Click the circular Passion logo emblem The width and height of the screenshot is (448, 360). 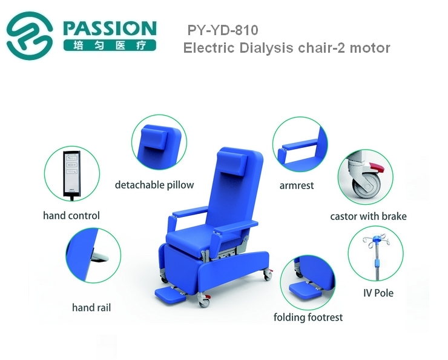pyautogui.click(x=30, y=36)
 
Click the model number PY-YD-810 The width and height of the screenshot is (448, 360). pyautogui.click(x=223, y=30)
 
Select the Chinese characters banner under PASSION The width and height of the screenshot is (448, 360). pyautogui.click(x=110, y=45)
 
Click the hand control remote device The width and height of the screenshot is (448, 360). pyautogui.click(x=71, y=175)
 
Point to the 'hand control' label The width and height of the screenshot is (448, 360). pyautogui.click(x=71, y=216)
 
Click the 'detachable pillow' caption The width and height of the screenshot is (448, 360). pyautogui.click(x=154, y=185)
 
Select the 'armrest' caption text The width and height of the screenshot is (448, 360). pyautogui.click(x=297, y=186)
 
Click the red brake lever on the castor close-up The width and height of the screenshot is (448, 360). pyautogui.click(x=377, y=167)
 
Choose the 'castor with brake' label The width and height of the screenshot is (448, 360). pyautogui.click(x=368, y=216)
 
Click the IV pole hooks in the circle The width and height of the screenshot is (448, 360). pyautogui.click(x=376, y=241)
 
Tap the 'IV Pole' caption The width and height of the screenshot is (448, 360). pyautogui.click(x=378, y=293)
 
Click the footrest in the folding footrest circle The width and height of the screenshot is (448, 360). pyautogui.click(x=305, y=289)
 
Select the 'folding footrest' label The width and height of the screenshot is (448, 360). pyautogui.click(x=308, y=318)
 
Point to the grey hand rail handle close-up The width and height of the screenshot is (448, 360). pyautogui.click(x=100, y=257)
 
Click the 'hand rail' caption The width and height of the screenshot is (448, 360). pyautogui.click(x=91, y=308)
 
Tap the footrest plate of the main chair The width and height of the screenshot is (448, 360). pyautogui.click(x=170, y=296)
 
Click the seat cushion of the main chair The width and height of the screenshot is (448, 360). pyautogui.click(x=194, y=238)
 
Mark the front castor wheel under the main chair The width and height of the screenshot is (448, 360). pyautogui.click(x=203, y=302)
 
